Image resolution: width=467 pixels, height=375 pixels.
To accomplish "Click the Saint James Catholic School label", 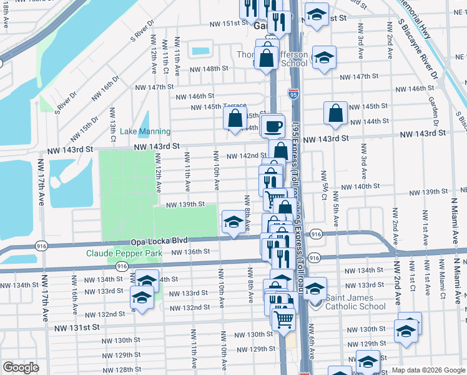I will click(x=356, y=302).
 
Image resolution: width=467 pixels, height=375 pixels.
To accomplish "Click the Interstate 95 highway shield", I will click(x=293, y=94).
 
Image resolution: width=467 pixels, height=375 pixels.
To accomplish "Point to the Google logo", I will click(x=21, y=367).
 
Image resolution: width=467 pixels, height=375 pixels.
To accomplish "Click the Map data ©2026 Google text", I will click(x=429, y=370).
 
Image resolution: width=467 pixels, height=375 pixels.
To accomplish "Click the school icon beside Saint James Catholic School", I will click(x=315, y=289).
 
